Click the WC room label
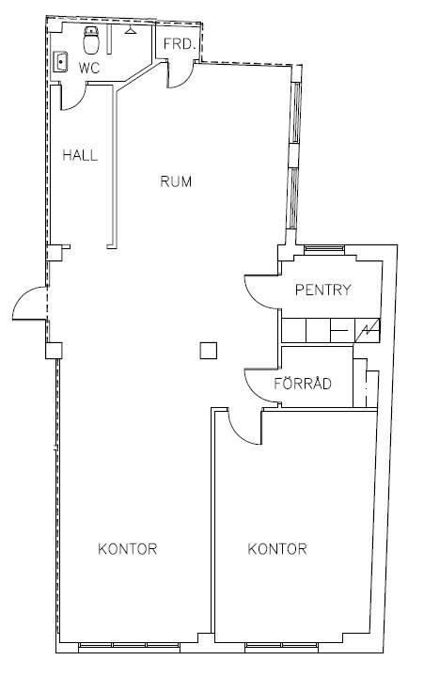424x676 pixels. click(x=89, y=68)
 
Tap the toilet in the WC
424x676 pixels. click(x=91, y=39)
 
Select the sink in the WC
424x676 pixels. click(x=61, y=62)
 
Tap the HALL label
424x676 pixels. click(x=80, y=155)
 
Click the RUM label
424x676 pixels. click(x=176, y=181)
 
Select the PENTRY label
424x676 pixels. click(x=323, y=290)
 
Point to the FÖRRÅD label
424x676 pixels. click(x=303, y=383)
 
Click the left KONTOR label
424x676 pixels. click(x=128, y=549)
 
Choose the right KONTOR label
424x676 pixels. click(x=277, y=549)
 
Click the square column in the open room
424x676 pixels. click(x=209, y=350)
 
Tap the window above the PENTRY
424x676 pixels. click(x=324, y=248)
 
